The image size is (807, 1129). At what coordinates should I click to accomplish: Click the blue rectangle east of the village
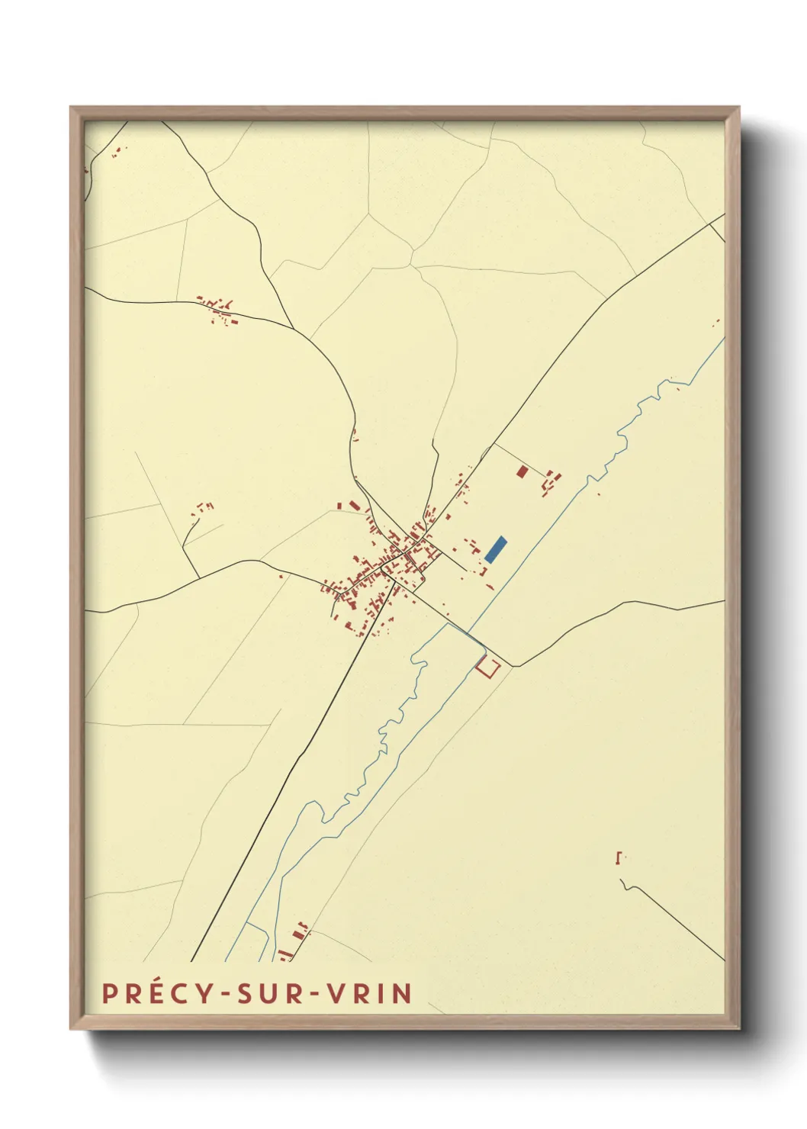pos(496,549)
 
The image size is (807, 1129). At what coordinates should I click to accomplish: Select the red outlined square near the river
pos(487,667)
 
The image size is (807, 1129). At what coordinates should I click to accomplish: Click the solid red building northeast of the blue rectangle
pos(522,471)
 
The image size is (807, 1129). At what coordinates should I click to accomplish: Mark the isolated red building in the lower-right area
pos(618,857)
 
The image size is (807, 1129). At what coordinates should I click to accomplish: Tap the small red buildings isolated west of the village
pos(202,507)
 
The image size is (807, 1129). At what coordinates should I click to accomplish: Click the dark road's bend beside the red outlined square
pos(513,666)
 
